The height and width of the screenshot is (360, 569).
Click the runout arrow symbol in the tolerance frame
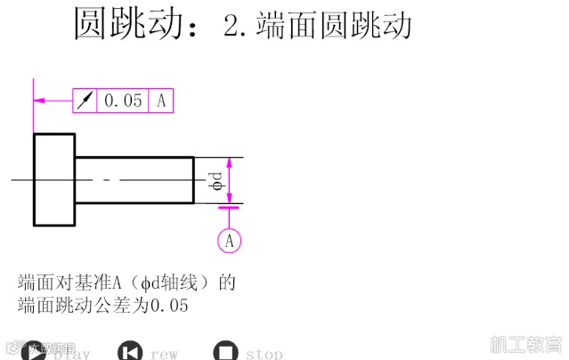85,101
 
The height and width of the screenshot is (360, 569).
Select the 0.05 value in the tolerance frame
123,101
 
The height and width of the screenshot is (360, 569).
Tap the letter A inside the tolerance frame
161,101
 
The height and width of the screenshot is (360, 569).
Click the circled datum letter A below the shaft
229,240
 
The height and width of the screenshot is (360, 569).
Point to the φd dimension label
216,181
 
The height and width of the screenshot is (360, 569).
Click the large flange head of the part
54,179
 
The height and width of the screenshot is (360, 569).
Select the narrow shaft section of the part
134,179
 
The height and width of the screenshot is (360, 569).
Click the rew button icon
131,352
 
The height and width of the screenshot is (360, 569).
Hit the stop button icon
226,352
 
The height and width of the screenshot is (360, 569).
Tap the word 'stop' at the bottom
264,354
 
